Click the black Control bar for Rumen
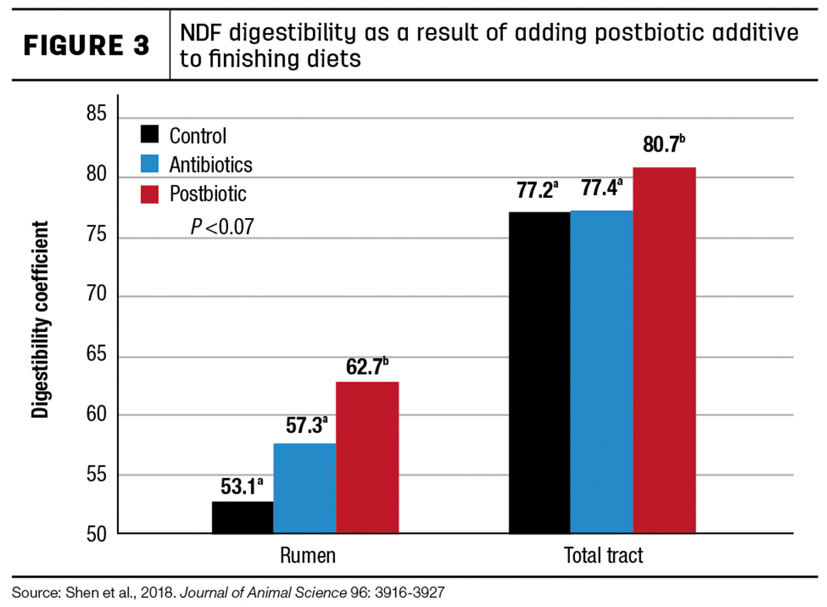click(243, 517)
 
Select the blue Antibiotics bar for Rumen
click(305, 488)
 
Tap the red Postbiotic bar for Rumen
click(367, 457)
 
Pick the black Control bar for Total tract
click(540, 372)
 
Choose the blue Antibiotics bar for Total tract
click(602, 372)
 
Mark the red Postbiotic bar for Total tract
click(664, 350)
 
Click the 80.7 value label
click(664, 144)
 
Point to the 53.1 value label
click(242, 486)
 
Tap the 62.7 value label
click(367, 366)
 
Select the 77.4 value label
click(602, 188)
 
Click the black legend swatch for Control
click(150, 134)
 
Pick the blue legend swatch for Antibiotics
click(150, 163)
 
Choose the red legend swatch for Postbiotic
click(150, 195)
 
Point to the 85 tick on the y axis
click(96, 113)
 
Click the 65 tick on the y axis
click(96, 354)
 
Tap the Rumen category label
click(307, 555)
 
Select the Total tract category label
click(603, 555)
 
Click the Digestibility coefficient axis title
click(40, 319)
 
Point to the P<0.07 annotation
click(222, 226)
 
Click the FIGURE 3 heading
click(86, 46)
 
